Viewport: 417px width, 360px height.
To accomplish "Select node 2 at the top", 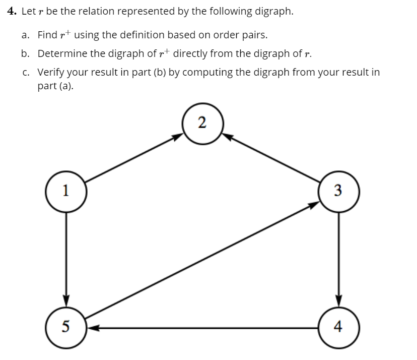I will [x=201, y=123].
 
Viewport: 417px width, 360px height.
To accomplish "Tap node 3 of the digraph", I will [x=338, y=191].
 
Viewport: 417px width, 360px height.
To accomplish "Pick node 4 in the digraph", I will [x=338, y=327].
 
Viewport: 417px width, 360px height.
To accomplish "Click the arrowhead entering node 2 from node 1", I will [x=177, y=136].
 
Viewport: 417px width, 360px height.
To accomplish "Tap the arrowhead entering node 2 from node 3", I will [x=226, y=136].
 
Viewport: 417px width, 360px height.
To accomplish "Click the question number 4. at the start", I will [x=13, y=12].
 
